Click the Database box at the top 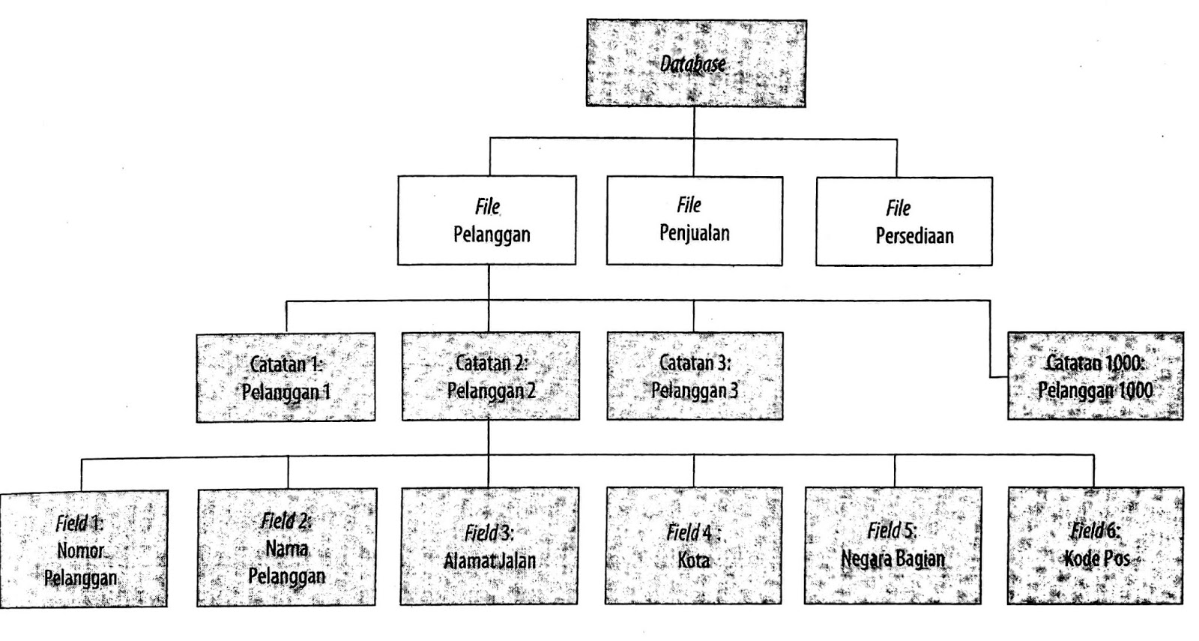(x=695, y=64)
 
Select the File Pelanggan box (x=487, y=220)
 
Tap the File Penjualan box (x=694, y=220)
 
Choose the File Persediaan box (x=904, y=221)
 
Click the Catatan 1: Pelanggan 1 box (x=286, y=377)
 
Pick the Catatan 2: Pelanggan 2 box (x=490, y=376)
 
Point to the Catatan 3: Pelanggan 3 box (x=695, y=376)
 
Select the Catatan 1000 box (x=1096, y=376)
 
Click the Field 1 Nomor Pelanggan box (x=83, y=548)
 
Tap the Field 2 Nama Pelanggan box (x=287, y=547)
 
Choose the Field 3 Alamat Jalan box (x=489, y=546)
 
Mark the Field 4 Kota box (x=693, y=546)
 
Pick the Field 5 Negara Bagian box (x=893, y=545)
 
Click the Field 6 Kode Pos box (x=1096, y=545)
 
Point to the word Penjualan (x=694, y=233)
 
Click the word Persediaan (x=914, y=236)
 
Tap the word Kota (x=693, y=559)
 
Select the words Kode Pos (x=1096, y=559)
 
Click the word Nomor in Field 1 (x=81, y=551)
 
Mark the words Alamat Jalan (x=489, y=560)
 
